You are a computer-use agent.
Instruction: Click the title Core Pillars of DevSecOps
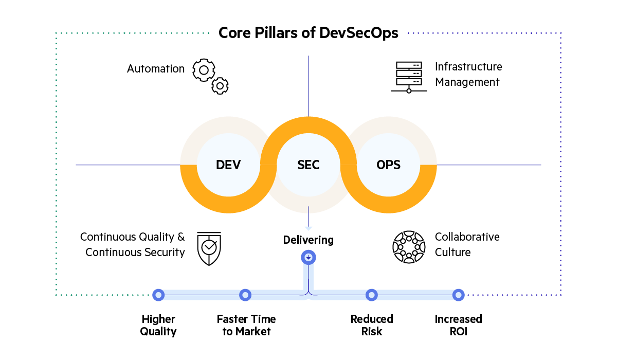pyautogui.click(x=308, y=33)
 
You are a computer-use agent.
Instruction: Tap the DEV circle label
pyautogui.click(x=228, y=165)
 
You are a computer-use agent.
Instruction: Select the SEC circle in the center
pyautogui.click(x=308, y=165)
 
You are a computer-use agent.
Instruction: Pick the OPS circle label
pyautogui.click(x=389, y=165)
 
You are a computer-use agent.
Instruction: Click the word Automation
pyautogui.click(x=156, y=69)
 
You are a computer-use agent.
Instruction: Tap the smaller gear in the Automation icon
pyautogui.click(x=220, y=86)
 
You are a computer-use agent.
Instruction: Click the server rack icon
pyautogui.click(x=409, y=77)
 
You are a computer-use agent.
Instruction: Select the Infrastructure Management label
pyautogui.click(x=468, y=75)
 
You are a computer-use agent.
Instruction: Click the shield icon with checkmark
pyautogui.click(x=209, y=248)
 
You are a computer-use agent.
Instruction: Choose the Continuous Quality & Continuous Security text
pyautogui.click(x=133, y=244)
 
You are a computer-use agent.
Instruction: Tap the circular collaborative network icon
pyautogui.click(x=409, y=247)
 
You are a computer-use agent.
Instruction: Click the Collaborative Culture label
pyautogui.click(x=467, y=244)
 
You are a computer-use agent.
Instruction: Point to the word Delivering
pyautogui.click(x=308, y=240)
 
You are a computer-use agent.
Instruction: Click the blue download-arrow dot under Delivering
pyautogui.click(x=308, y=257)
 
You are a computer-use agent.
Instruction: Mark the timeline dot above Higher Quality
pyautogui.click(x=158, y=295)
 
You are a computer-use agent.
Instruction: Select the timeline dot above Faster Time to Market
pyautogui.click(x=246, y=295)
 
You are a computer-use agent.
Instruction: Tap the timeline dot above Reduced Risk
pyautogui.click(x=371, y=295)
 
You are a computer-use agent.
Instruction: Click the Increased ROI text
pyautogui.click(x=458, y=325)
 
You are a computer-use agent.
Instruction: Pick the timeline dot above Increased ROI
pyautogui.click(x=458, y=295)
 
